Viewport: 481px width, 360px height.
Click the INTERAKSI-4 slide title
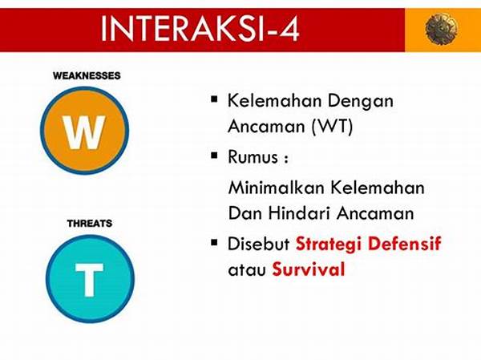[200, 29]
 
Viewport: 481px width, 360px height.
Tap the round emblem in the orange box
[441, 29]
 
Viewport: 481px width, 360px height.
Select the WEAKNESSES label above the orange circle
[87, 75]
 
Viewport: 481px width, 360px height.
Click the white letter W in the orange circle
[84, 132]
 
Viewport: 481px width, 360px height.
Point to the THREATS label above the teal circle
[90, 223]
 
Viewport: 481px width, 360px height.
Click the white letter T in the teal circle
[90, 280]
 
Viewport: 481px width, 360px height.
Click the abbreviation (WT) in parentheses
[332, 126]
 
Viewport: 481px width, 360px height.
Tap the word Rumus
[253, 157]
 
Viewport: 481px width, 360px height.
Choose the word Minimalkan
[277, 188]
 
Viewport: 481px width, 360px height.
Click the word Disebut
[259, 244]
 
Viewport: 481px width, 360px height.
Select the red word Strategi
[329, 245]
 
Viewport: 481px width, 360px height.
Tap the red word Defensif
[405, 244]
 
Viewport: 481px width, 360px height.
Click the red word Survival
[309, 269]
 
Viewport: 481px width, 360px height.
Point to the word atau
[247, 270]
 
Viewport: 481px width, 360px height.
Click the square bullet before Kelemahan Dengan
[214, 99]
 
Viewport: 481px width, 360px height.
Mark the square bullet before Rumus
[214, 156]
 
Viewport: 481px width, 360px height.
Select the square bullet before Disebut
[214, 243]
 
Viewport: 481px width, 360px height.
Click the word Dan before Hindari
[246, 213]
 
